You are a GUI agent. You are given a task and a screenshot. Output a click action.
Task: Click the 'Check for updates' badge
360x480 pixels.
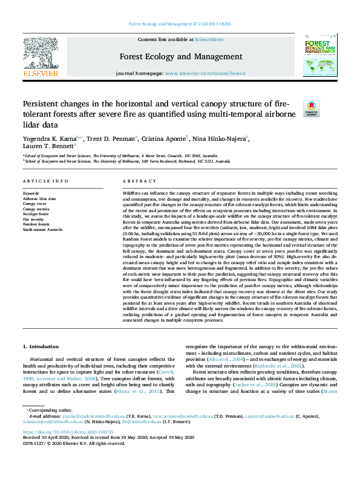(311, 108)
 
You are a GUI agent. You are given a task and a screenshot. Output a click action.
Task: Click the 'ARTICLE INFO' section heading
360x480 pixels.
(45, 181)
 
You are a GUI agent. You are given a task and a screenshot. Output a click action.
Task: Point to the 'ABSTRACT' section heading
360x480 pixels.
(135, 181)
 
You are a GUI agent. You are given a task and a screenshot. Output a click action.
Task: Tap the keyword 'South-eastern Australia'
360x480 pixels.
(42, 230)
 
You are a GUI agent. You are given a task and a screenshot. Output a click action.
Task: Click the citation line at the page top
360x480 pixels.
(179, 24)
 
